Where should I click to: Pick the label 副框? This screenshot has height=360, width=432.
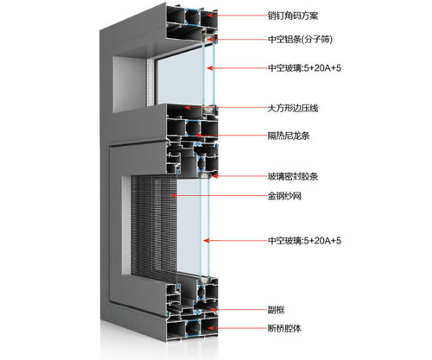pos(276,309)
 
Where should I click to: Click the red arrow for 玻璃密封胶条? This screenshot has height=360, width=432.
pos(238,177)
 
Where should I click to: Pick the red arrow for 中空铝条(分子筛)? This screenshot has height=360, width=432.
pos(237,39)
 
